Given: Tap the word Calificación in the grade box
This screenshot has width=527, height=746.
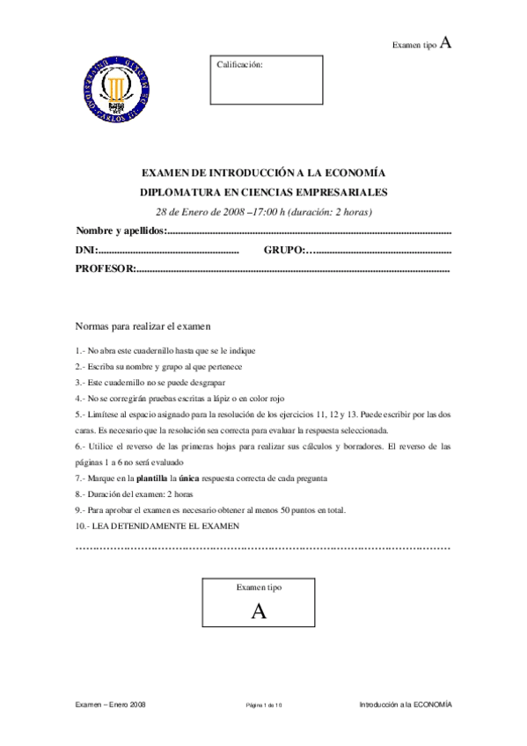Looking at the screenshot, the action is click(x=239, y=64).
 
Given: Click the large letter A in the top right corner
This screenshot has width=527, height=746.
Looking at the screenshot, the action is click(x=446, y=42).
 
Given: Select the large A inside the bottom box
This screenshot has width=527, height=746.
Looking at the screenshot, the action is click(x=259, y=611).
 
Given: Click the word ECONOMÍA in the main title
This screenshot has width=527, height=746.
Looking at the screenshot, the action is click(x=357, y=173).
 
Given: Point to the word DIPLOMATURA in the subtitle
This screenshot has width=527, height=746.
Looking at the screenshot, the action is click(x=176, y=193).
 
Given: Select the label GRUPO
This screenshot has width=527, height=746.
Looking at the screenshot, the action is click(x=282, y=250).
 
